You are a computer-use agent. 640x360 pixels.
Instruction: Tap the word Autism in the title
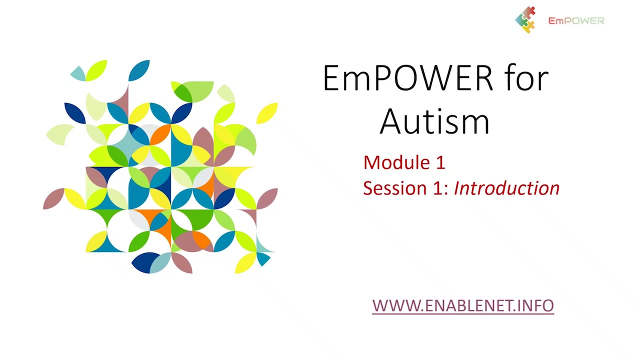[434, 121]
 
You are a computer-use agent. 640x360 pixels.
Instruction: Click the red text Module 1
[404, 162]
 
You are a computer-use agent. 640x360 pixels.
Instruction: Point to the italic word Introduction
[506, 188]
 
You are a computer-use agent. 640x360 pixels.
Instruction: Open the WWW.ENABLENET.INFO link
[463, 305]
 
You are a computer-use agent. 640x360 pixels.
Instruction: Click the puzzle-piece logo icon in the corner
[525, 20]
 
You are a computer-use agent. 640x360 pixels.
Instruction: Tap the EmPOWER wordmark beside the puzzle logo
[576, 20]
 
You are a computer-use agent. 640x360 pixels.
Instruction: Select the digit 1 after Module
[440, 162]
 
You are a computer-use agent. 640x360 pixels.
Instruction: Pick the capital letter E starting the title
[331, 78]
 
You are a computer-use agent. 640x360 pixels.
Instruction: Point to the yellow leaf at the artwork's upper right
[267, 113]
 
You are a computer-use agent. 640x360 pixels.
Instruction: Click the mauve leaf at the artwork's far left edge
[53, 198]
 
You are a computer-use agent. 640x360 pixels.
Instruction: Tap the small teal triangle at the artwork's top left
[78, 73]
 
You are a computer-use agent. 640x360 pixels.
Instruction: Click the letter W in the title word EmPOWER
[440, 78]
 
